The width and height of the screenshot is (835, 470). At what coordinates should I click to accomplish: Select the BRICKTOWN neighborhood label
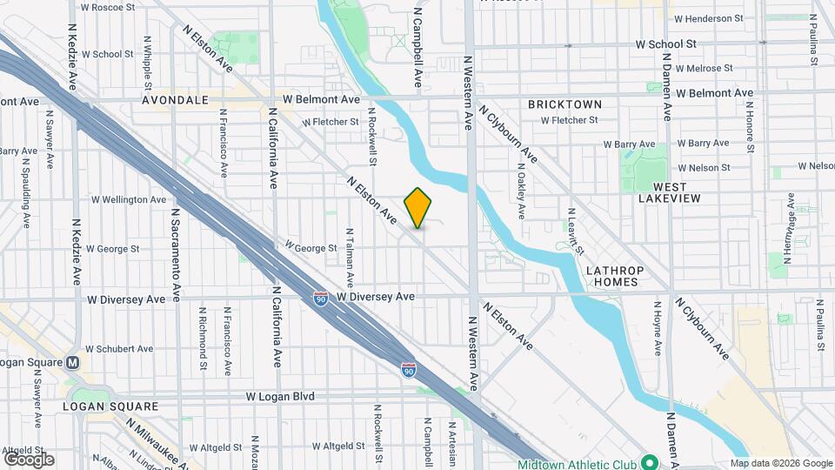point(564,104)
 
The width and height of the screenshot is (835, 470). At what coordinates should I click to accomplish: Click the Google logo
point(29,460)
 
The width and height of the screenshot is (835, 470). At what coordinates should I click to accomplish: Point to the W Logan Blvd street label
point(280,396)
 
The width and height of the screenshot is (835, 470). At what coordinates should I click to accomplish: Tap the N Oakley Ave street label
point(521,191)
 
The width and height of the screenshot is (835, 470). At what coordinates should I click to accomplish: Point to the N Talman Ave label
point(351,258)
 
